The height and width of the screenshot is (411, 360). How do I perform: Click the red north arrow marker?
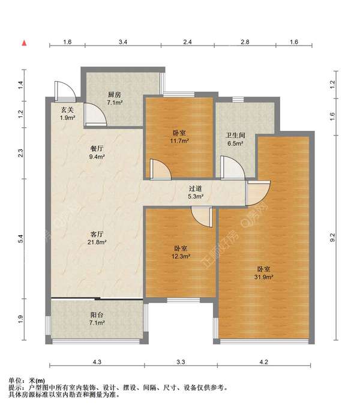(x=24, y=43)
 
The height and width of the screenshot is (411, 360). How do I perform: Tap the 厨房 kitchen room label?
(x=115, y=98)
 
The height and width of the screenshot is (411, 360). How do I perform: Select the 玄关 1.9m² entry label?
(x=67, y=114)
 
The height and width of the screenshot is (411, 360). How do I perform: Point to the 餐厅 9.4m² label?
(x=97, y=152)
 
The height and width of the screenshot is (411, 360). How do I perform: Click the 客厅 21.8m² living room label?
(x=97, y=238)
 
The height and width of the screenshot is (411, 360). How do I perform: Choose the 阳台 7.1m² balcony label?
(x=97, y=319)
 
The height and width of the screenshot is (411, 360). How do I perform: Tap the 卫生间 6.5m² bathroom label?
(x=235, y=139)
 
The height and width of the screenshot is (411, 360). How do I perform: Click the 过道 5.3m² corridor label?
(x=196, y=192)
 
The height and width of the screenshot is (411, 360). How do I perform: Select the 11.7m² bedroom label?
(x=179, y=137)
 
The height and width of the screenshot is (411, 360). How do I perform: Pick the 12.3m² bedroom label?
(x=181, y=252)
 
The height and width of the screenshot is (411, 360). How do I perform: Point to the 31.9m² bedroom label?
(x=264, y=273)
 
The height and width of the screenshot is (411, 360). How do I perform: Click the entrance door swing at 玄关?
(x=65, y=91)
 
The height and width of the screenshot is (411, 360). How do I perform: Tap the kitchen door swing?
(x=95, y=115)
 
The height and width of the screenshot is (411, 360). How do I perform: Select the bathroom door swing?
(x=232, y=168)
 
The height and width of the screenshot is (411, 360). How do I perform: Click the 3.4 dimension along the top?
(x=123, y=42)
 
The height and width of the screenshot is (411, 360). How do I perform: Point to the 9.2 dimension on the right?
(x=332, y=238)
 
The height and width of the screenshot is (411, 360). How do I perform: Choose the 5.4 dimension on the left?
(x=21, y=239)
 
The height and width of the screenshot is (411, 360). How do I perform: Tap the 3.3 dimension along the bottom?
(x=181, y=362)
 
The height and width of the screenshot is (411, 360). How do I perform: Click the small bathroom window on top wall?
(x=238, y=100)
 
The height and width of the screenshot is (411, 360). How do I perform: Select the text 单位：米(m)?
(x=27, y=380)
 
